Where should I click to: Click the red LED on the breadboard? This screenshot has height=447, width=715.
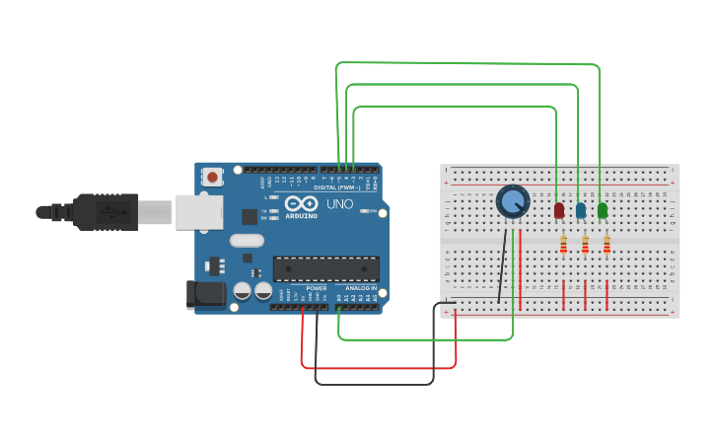[x=559, y=210]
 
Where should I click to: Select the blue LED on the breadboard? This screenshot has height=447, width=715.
[x=581, y=210]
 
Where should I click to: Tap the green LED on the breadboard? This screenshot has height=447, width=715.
[x=603, y=210]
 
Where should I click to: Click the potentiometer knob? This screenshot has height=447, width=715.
[x=513, y=202]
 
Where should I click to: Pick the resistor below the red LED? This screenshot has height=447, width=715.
[x=563, y=244]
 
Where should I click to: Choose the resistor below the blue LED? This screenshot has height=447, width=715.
[x=585, y=244]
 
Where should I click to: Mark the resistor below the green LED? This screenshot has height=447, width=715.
[x=607, y=244]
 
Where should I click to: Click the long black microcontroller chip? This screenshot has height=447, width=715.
[x=325, y=268]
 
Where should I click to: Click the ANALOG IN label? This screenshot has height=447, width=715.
[x=360, y=287]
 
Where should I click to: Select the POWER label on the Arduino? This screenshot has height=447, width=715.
[x=316, y=287]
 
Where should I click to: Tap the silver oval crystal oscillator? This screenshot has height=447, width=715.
[x=247, y=240]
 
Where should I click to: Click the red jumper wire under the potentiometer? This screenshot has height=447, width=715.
[x=520, y=266]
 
